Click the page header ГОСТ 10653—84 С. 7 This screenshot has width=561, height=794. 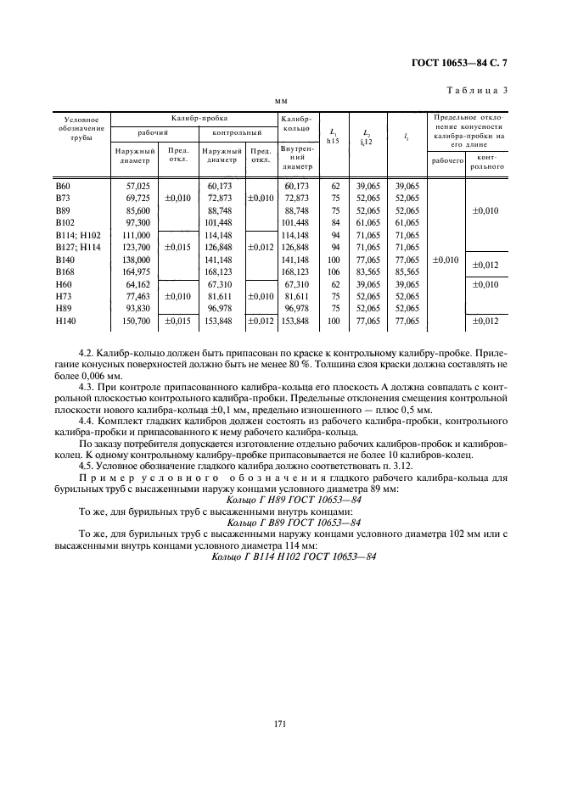point(459,63)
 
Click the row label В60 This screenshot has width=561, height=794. point(63,185)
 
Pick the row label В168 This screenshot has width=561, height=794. point(65,272)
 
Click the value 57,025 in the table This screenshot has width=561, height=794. point(137,185)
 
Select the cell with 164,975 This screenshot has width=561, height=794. point(137,272)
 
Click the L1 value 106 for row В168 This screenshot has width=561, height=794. point(335,272)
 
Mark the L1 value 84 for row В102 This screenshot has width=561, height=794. point(335,221)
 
